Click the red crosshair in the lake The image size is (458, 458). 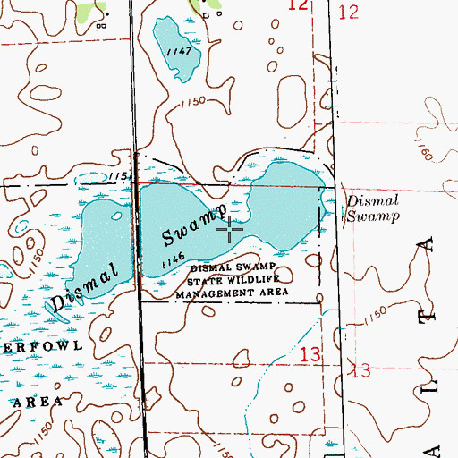point(231,230)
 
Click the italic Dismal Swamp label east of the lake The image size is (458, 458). point(371,208)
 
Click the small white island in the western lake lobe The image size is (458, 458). point(115,216)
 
